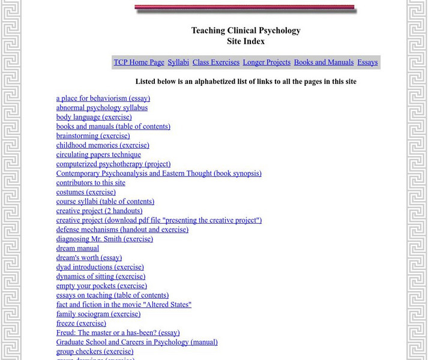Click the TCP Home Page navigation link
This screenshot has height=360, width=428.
click(x=139, y=62)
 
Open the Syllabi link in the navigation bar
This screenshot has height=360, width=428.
click(x=178, y=62)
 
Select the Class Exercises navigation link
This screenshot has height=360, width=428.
click(x=216, y=62)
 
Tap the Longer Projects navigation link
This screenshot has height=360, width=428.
click(x=267, y=62)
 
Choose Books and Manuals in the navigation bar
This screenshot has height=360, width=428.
click(x=324, y=62)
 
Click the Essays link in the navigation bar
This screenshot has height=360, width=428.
click(x=367, y=62)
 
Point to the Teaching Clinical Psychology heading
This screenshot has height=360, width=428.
click(x=246, y=31)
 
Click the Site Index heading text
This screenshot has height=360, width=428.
click(x=246, y=41)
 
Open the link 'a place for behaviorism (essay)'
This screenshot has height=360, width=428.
click(x=103, y=98)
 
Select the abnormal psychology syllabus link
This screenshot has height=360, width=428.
click(x=102, y=108)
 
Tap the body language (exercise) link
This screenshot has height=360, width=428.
click(x=94, y=117)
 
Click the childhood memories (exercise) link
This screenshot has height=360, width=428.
click(x=103, y=145)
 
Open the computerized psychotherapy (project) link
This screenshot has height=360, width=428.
click(x=113, y=164)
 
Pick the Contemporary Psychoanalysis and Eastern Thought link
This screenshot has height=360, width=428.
click(x=159, y=173)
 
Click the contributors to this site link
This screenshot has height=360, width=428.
click(x=91, y=183)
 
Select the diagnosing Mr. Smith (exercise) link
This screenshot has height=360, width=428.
click(x=104, y=239)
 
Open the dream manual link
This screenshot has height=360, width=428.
click(x=77, y=248)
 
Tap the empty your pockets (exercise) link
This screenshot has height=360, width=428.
click(x=101, y=286)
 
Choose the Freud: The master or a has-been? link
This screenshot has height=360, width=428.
click(x=118, y=333)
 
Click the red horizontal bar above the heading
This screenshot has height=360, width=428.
click(x=245, y=8)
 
